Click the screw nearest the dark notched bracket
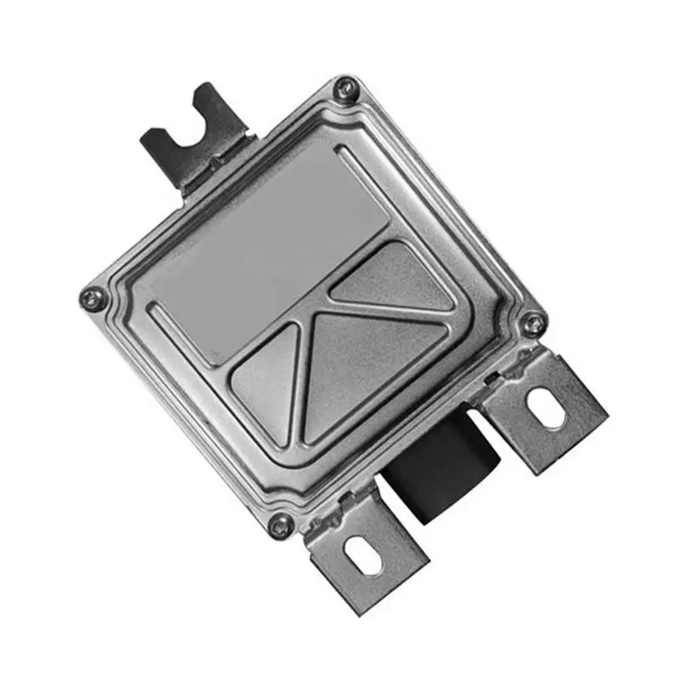[345, 87]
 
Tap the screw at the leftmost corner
[92, 297]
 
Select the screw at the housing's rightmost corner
[532, 323]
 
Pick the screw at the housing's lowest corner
[280, 525]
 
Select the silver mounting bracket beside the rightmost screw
[547, 412]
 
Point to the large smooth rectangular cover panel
[272, 246]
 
